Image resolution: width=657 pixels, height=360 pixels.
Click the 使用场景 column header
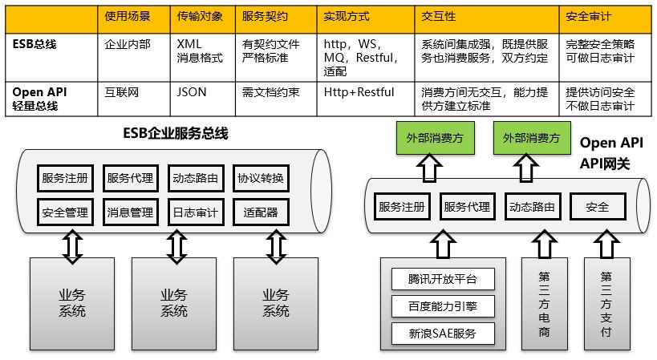[128, 16]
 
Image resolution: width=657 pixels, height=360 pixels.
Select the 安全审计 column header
[590, 16]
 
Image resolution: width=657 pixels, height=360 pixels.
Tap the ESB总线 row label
[35, 44]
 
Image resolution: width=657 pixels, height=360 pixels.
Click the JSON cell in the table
[192, 92]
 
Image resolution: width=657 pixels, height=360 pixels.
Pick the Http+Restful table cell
[358, 92]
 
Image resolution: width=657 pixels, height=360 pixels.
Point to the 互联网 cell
[122, 92]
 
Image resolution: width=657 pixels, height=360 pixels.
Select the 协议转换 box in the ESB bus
[260, 178]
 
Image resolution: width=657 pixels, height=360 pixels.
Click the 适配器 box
[260, 212]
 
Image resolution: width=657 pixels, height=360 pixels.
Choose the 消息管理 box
[130, 212]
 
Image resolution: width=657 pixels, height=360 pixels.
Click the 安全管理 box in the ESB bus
[65, 212]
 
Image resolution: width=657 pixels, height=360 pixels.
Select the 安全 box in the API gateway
[598, 207]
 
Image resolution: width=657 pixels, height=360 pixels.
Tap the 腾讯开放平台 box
[442, 279]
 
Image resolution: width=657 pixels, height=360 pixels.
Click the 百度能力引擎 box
[442, 305]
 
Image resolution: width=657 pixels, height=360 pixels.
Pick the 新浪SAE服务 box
[442, 333]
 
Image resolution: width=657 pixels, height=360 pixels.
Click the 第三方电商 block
[545, 303]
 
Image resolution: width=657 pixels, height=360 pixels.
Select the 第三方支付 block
[606, 303]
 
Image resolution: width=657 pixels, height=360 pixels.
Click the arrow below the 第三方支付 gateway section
[606, 241]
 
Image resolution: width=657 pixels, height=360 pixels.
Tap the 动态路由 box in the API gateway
[531, 207]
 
